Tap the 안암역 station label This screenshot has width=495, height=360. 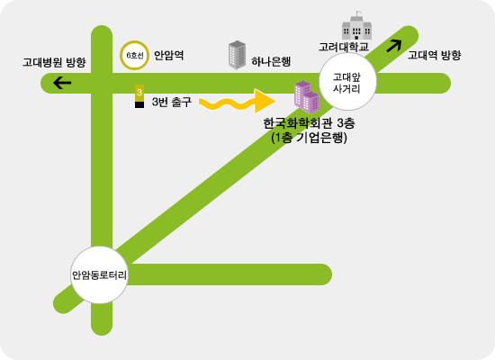click(x=168, y=55)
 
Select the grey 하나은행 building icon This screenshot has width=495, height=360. click(x=237, y=55)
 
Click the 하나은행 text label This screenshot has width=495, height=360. click(x=271, y=61)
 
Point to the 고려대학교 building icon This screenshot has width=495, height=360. click(x=356, y=26)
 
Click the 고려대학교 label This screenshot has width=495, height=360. click(x=344, y=47)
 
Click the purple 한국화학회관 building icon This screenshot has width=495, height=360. click(x=307, y=97)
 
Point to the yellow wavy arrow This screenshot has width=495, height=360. click(x=237, y=102)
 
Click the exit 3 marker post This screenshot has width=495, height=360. click(x=139, y=96)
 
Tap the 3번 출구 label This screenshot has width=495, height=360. click(x=171, y=102)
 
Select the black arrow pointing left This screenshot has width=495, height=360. click(x=62, y=83)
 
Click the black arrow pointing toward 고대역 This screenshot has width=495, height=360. click(x=394, y=46)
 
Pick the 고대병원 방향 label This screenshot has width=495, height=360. click(x=54, y=62)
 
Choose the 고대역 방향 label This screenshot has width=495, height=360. click(x=434, y=55)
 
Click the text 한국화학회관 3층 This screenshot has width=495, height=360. click(x=309, y=123)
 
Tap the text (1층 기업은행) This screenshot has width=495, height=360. click(x=309, y=138)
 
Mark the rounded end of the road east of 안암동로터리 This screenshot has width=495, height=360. click(x=331, y=274)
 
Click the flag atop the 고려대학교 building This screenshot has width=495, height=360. click(x=358, y=13)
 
